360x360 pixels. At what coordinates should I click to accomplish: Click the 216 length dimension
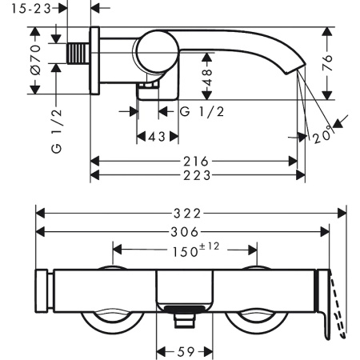(194, 162)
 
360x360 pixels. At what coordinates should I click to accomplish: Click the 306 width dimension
(183, 231)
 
